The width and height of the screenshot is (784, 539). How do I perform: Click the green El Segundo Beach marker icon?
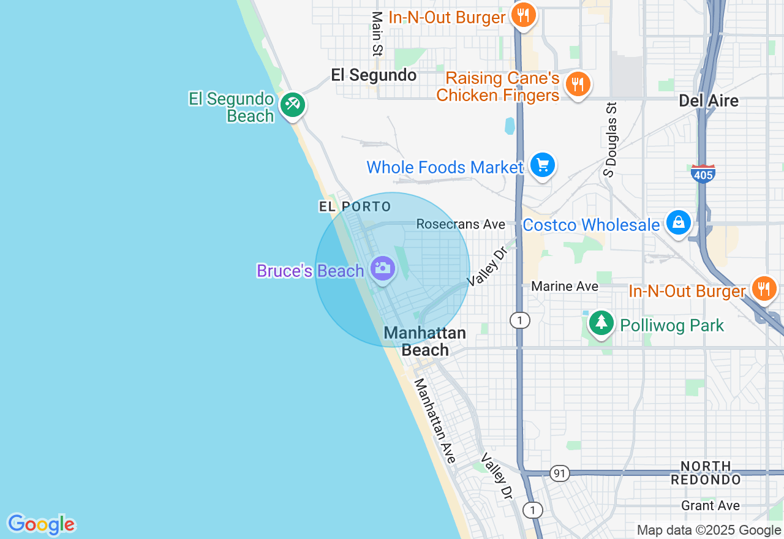(x=293, y=104)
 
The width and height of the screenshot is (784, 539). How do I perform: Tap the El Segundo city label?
(x=374, y=75)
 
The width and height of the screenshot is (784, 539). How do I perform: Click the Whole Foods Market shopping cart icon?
(x=542, y=165)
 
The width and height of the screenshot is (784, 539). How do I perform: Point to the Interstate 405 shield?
(x=703, y=174)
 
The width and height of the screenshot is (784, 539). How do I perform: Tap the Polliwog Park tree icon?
(x=601, y=322)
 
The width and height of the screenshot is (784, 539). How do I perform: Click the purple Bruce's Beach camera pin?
(x=383, y=268)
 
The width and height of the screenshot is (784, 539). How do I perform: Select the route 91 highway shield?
(x=559, y=473)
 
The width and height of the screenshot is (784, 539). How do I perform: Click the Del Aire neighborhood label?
(x=709, y=100)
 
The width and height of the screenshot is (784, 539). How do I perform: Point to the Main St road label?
(x=377, y=34)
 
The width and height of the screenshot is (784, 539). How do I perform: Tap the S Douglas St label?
(x=610, y=140)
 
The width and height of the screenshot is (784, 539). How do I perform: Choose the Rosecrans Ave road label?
(x=461, y=224)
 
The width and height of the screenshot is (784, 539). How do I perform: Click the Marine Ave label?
(x=565, y=286)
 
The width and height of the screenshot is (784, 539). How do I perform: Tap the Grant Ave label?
(x=710, y=506)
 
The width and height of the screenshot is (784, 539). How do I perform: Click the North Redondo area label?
(x=706, y=473)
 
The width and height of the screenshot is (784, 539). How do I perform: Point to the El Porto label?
(x=355, y=206)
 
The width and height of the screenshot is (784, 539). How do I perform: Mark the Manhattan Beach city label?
(x=424, y=341)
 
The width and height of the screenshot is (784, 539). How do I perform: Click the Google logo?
(x=41, y=524)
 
